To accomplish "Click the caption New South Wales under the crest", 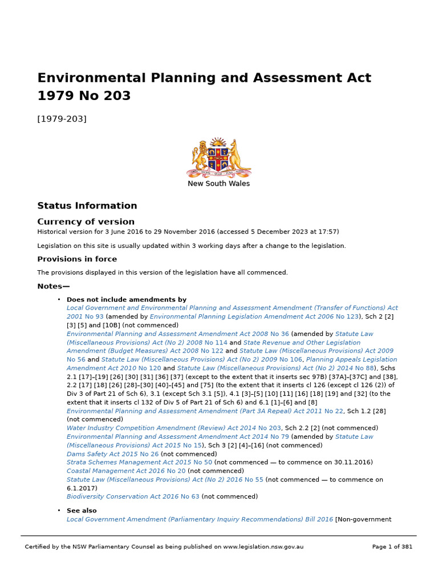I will pos(219,184).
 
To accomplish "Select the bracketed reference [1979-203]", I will pos(62,119).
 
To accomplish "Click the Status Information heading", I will pos(87,206).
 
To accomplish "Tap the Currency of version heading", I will pos(86,222).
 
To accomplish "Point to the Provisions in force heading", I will pos(77,259).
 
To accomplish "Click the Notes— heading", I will pos(54,286).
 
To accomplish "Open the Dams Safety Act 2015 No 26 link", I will pos(112,454).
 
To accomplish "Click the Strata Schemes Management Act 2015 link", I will pos(139,462).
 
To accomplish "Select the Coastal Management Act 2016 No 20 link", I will pos(126,471).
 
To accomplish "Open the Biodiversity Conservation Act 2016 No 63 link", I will pos(133,496).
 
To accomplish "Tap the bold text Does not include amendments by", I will pos(127,299).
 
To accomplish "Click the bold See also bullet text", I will pos(82,511).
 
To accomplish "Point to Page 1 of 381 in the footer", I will pos(392,547).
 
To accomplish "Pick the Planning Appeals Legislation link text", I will pos(351,359).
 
